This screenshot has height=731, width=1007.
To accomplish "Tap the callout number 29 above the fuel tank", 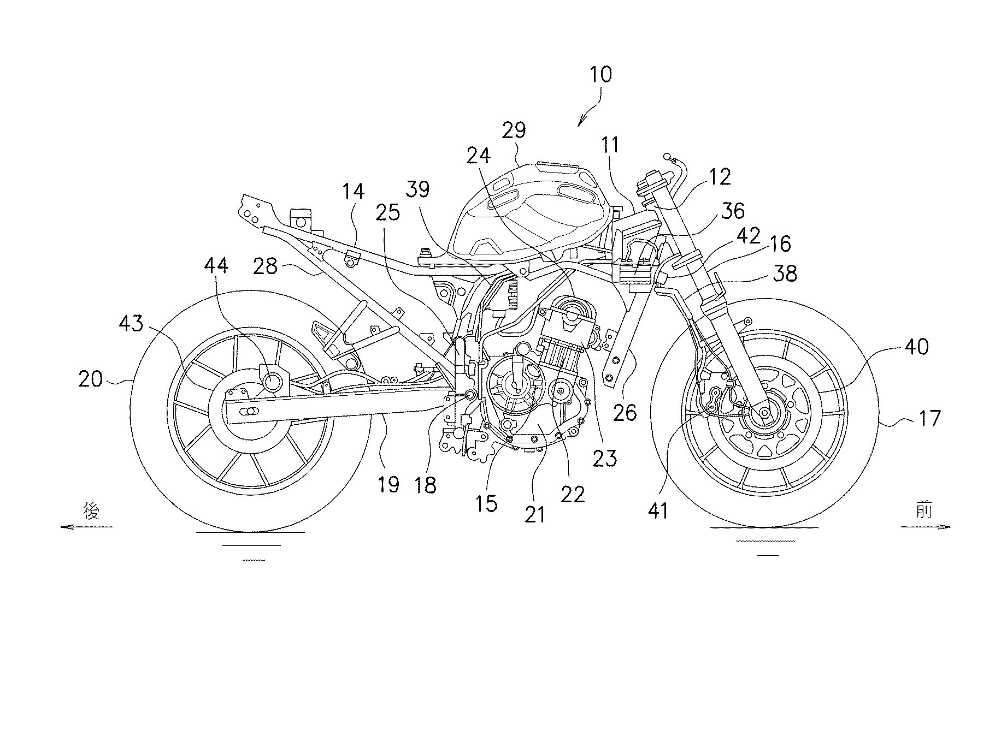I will click(x=514, y=130).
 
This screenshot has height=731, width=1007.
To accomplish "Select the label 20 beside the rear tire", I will click(x=90, y=378).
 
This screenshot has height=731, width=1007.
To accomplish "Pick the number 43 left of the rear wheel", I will click(x=131, y=324).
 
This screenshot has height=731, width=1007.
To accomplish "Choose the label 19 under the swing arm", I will click(x=388, y=484).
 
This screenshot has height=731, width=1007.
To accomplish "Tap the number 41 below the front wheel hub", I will click(x=657, y=510).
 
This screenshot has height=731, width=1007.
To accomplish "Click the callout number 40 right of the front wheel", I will click(x=916, y=347).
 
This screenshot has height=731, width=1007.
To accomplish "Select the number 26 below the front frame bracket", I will click(x=625, y=413).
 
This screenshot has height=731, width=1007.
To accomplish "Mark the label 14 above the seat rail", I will click(x=353, y=192).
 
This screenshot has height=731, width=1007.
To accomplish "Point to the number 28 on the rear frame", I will click(x=265, y=267).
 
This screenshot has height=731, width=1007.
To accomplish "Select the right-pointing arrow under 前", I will click(x=926, y=527).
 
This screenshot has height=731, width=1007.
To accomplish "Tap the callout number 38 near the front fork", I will click(x=785, y=273).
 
